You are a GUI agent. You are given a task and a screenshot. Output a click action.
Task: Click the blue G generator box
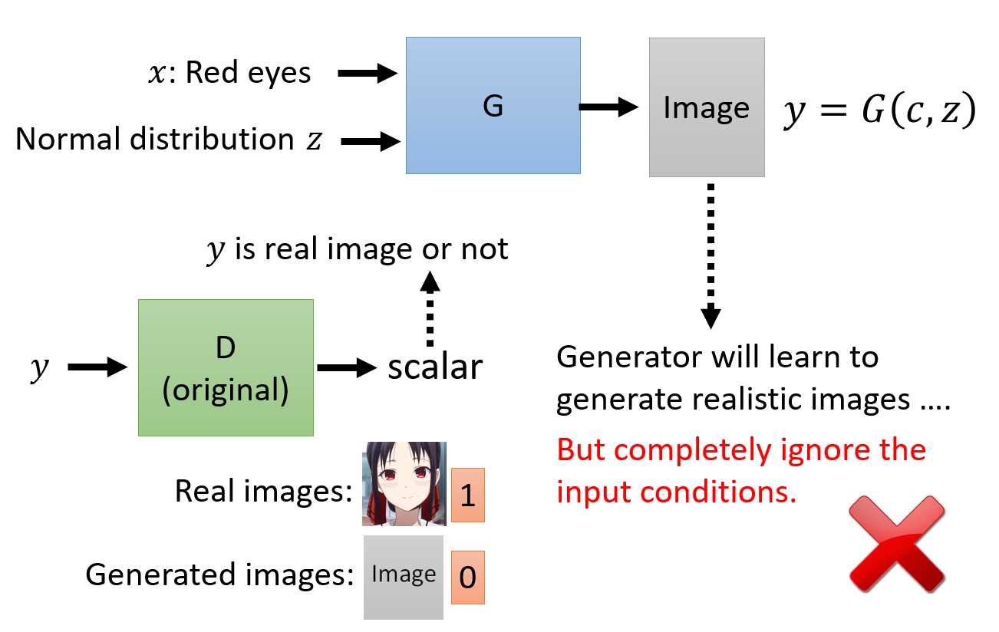pos(493,106)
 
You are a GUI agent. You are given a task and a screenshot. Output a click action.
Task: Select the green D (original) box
pos(226,367)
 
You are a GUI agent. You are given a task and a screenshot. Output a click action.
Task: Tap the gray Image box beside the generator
pos(706,107)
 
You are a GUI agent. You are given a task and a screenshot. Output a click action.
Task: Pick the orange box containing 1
pos(467,495)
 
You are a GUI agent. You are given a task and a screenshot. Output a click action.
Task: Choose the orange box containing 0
pos(467,577)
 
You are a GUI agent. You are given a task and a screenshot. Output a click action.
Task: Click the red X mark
pos(897,542)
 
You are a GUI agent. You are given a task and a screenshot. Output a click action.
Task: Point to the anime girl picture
pos(404,484)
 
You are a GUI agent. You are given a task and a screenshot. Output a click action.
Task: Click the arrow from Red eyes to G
pos(367,74)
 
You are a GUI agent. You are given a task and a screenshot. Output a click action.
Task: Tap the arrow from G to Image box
pos(609,107)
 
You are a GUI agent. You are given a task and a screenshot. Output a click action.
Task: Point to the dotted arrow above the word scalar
pos(430,310)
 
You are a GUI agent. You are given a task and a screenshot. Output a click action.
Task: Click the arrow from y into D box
pos(97,368)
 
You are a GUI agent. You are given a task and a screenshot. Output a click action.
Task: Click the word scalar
pos(435,368)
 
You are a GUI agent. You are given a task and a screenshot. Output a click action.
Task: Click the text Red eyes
pos(248,73)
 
